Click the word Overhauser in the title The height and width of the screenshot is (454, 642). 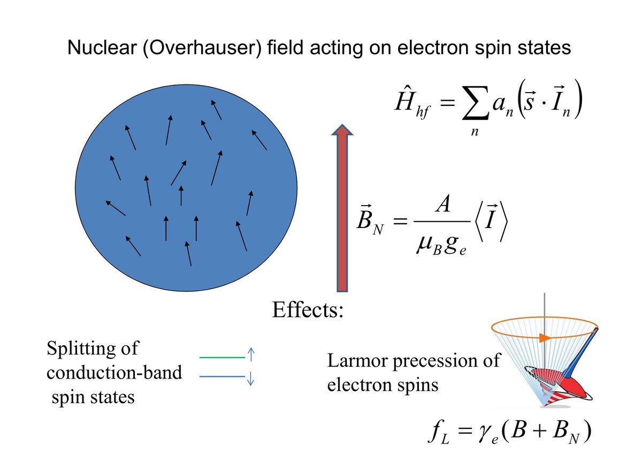(202, 48)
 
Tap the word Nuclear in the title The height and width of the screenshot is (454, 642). (102, 47)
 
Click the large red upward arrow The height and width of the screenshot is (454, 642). (342, 208)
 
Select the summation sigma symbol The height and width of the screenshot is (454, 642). (475, 103)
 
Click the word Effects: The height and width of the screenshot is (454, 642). (308, 310)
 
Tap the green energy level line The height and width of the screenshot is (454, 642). (222, 357)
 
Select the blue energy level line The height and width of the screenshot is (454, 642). (222, 376)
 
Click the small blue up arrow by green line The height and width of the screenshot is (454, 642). (251, 354)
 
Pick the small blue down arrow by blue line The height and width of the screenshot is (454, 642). (251, 379)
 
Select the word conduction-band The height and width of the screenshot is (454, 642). (114, 373)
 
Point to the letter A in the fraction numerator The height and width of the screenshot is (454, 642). (442, 203)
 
